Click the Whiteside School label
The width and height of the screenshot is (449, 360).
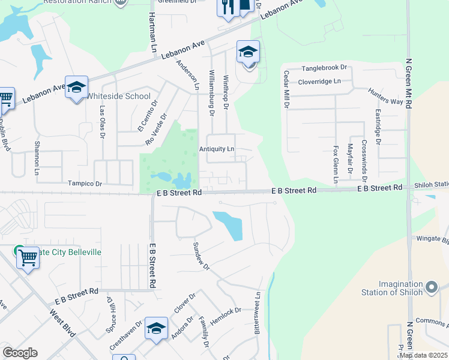click(x=119, y=96)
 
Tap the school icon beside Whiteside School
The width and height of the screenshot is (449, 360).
click(x=77, y=88)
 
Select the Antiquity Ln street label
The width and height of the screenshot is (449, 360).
click(x=217, y=149)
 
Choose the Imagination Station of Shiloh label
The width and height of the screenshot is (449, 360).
click(x=409, y=287)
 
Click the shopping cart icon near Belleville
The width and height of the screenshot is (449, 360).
click(x=28, y=259)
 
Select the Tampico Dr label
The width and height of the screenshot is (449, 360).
click(x=85, y=184)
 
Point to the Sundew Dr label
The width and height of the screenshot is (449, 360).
click(x=200, y=256)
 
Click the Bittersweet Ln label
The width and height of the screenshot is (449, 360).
click(x=258, y=313)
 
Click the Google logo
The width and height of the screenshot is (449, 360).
click(x=20, y=353)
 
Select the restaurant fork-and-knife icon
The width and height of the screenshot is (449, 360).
click(x=227, y=7)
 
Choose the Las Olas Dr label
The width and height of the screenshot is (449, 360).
click(x=103, y=122)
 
